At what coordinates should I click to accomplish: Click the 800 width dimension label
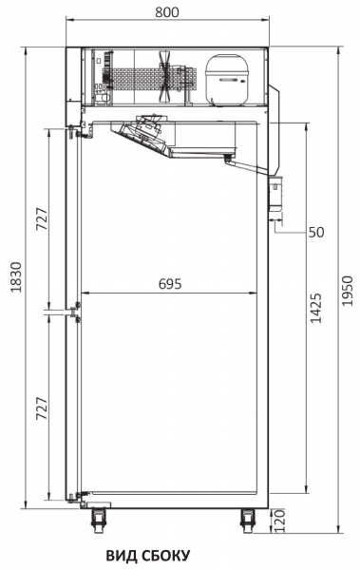click(167, 12)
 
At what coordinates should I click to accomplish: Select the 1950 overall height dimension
click(348, 291)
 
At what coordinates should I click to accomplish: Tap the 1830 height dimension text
click(16, 276)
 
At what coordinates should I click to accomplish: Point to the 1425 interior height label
click(315, 308)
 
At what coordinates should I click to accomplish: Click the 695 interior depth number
click(170, 284)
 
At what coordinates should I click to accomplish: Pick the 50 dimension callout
click(316, 232)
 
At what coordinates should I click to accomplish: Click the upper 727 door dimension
click(42, 218)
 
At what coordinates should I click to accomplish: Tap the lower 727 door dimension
click(42, 408)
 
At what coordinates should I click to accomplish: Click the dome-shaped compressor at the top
click(227, 80)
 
